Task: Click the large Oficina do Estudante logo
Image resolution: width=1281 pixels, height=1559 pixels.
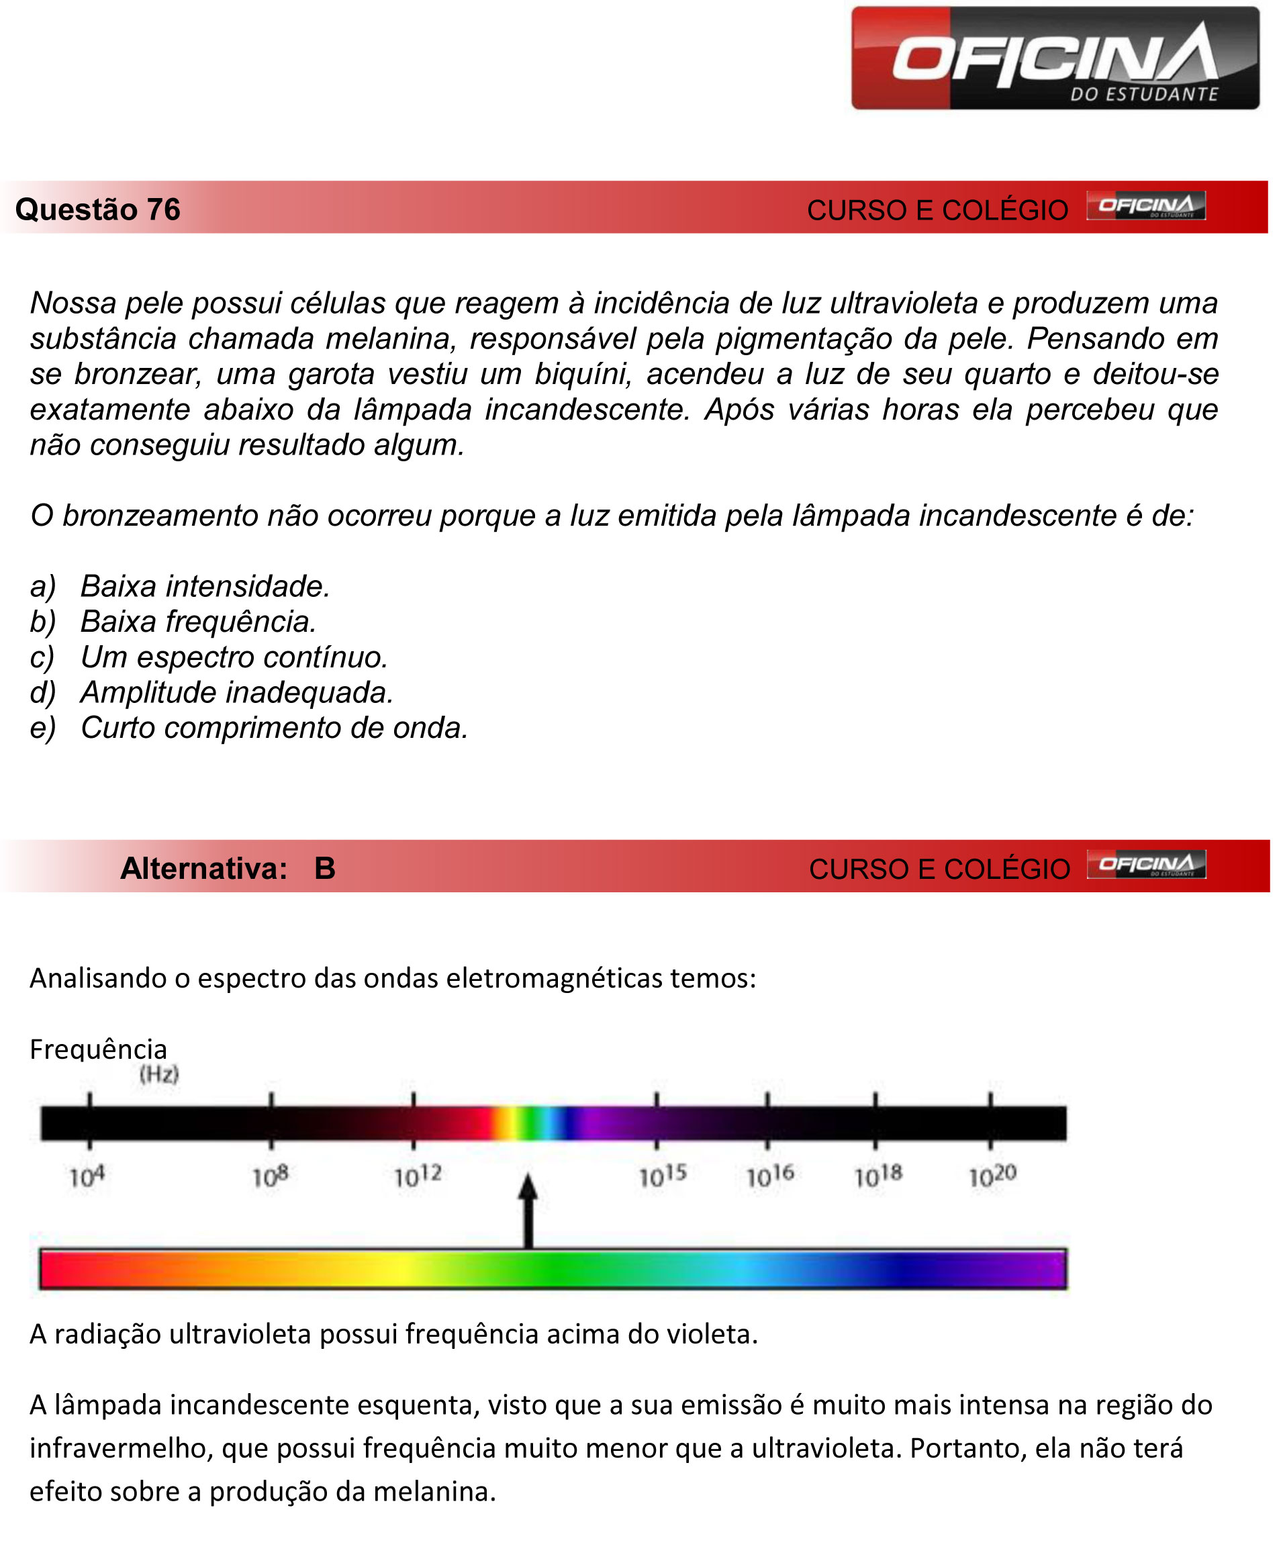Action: point(1055,58)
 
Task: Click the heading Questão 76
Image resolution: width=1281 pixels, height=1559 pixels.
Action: point(97,209)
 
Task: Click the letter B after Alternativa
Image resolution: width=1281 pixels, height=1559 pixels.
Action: point(325,868)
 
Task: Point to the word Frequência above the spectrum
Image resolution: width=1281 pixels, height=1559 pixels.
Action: point(98,1049)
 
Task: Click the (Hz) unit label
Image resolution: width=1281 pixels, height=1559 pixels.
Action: point(159,1074)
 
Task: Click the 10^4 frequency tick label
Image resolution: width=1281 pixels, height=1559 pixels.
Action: point(87,1177)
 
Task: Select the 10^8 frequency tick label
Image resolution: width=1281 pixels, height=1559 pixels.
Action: point(270,1177)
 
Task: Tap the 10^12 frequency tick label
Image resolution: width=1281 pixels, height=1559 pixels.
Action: point(418,1177)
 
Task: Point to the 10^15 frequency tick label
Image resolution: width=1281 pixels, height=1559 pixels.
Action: point(663,1176)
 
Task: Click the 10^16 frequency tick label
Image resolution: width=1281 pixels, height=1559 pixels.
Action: point(769,1176)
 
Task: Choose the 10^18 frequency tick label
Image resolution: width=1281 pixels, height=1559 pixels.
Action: point(878,1176)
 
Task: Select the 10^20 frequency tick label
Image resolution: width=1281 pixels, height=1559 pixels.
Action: point(992,1176)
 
